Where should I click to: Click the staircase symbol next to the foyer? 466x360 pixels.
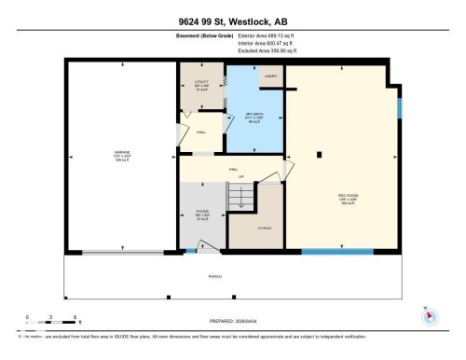click(x=240, y=200)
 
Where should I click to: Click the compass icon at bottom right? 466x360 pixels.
click(x=429, y=315)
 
